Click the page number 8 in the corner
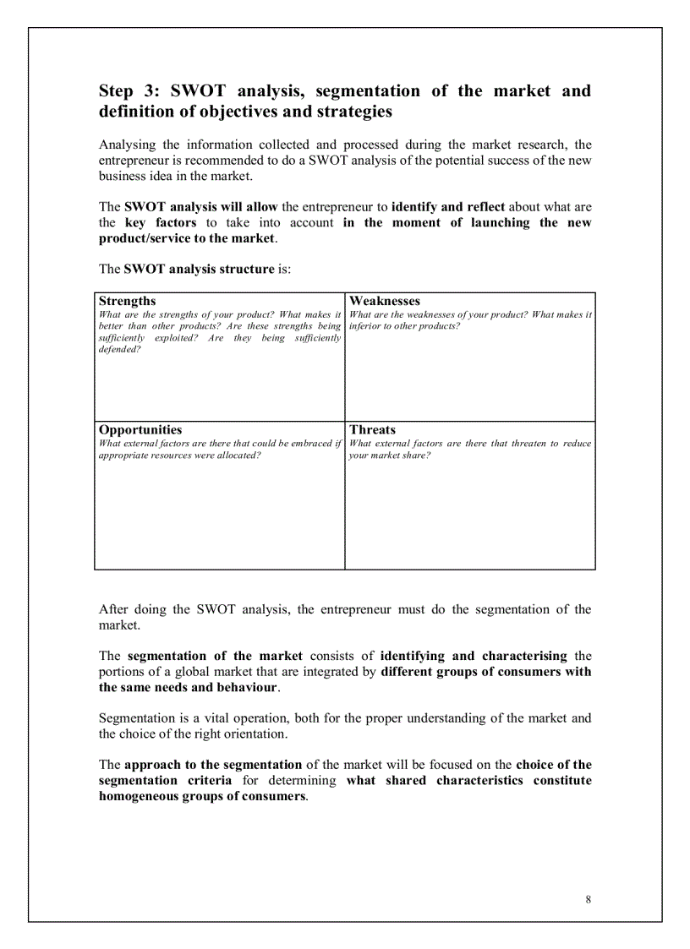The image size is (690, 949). [x=588, y=899]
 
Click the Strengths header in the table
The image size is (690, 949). [x=127, y=301]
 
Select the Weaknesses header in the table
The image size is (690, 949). [x=384, y=301]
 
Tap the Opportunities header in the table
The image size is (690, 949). [x=140, y=429]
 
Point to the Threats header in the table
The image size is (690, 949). [x=372, y=429]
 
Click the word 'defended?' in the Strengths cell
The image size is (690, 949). [x=119, y=349]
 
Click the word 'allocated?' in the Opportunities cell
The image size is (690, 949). [x=236, y=455]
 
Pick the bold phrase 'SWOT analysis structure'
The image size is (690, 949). [x=199, y=269]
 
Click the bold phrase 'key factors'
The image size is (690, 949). [x=160, y=222]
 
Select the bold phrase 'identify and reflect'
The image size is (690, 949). [x=447, y=206]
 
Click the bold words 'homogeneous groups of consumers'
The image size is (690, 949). [x=202, y=796]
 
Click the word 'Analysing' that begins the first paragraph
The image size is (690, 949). [x=127, y=145]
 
